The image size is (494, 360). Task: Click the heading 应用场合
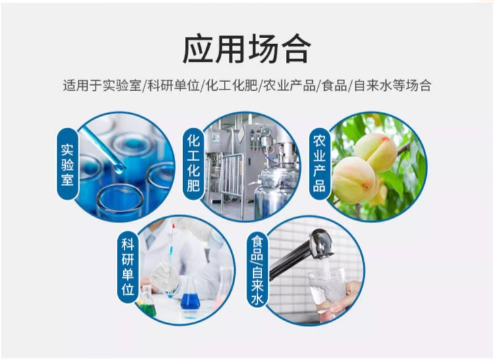247,49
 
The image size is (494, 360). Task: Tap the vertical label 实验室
67,165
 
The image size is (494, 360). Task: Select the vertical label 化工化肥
193,163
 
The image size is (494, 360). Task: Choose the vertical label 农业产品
319,164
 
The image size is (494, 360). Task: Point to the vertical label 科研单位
128,267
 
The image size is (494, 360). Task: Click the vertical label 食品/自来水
257,270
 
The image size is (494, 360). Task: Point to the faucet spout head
321,244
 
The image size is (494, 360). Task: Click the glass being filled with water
327,291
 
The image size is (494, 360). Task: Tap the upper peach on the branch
376,152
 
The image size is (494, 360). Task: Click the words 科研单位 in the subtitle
174,86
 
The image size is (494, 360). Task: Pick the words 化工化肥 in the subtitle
232,86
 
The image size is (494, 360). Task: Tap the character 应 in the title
198,49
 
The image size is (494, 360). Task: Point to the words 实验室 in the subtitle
122,86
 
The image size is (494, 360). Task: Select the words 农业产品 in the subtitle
290,86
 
